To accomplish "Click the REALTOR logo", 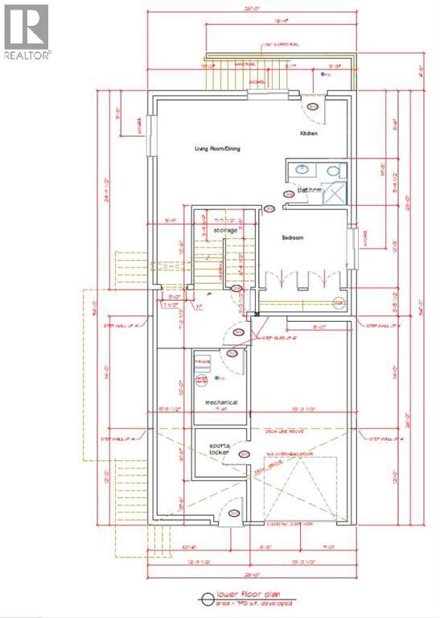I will [27, 32].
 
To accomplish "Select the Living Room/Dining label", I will [217, 149].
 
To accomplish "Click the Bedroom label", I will [292, 238].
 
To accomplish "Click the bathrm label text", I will [310, 191].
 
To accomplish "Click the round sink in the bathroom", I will [301, 170].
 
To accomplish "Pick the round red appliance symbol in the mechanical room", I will [202, 378].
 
